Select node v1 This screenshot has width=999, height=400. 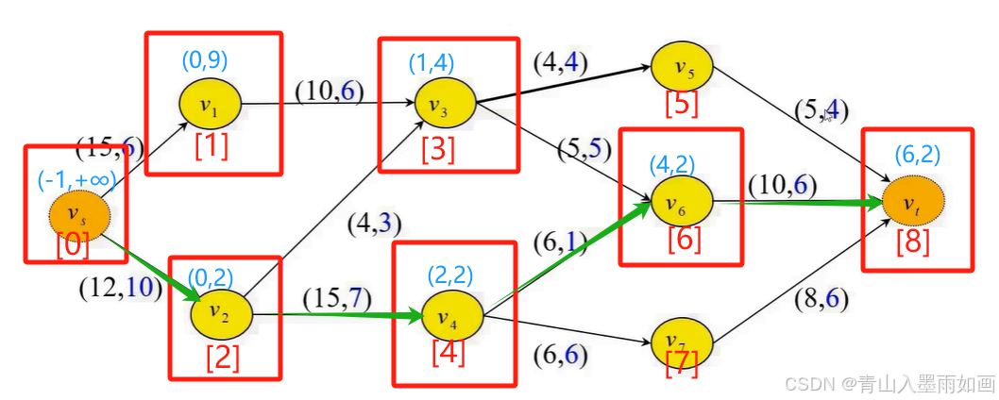pyautogui.click(x=211, y=104)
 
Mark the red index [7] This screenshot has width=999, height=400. pyautogui.click(x=682, y=365)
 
